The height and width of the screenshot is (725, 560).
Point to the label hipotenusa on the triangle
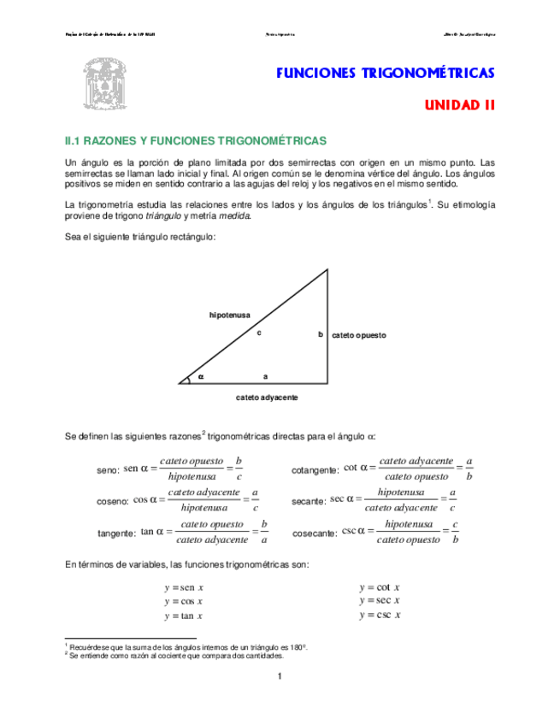[x=230, y=315]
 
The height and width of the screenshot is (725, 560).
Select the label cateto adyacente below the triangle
[x=267, y=398]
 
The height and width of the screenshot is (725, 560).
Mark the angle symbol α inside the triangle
[x=202, y=375]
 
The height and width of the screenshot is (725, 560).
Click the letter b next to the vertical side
[x=321, y=334]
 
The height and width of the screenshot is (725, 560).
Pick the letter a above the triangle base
[x=265, y=375]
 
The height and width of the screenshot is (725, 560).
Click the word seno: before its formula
[x=108, y=471]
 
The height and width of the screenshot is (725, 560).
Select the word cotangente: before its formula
[x=315, y=471]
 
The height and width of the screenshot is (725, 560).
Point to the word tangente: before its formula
[x=116, y=533]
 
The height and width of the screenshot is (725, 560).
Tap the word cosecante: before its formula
[x=315, y=533]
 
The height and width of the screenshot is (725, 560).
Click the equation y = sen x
[x=184, y=587]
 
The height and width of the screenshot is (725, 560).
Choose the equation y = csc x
[x=380, y=615]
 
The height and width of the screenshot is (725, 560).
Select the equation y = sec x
[x=380, y=601]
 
